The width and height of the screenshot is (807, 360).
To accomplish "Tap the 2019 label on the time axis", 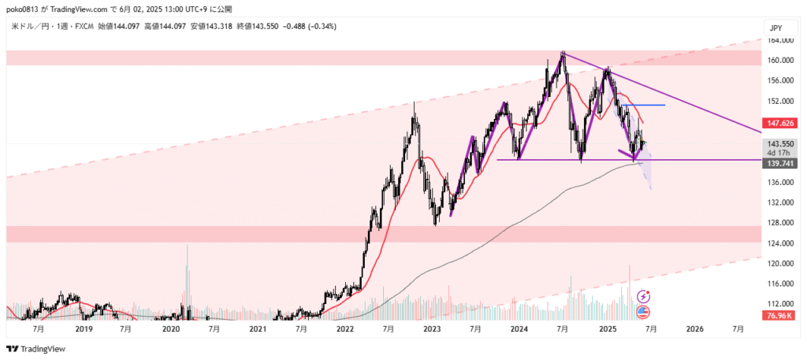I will (x=84, y=328).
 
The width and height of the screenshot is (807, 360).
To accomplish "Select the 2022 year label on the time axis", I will (x=344, y=328).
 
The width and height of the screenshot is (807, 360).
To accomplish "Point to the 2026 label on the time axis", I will (x=694, y=328).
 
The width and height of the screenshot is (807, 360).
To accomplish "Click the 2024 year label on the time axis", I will (x=519, y=328).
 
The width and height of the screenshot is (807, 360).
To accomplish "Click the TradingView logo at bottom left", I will (x=36, y=349).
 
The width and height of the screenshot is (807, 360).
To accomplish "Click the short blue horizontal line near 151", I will (x=643, y=105).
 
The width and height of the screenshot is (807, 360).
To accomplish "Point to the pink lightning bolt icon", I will (x=644, y=296).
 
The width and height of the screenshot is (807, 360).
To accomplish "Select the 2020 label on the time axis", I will (x=171, y=328).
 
